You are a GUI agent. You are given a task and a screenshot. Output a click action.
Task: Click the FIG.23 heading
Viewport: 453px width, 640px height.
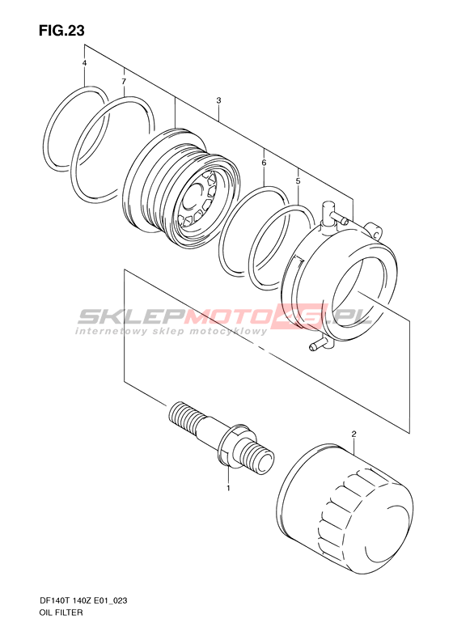[x=62, y=31]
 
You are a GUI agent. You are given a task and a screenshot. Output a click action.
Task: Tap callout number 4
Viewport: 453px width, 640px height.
[x=84, y=63]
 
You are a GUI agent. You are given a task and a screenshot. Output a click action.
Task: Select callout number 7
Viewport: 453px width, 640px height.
[x=124, y=82]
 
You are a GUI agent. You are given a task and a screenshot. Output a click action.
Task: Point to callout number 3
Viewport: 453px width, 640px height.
[x=218, y=100]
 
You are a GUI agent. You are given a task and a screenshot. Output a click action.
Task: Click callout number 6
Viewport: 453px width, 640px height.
[x=264, y=163]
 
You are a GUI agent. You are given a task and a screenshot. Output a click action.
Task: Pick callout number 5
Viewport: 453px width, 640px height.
[x=298, y=180]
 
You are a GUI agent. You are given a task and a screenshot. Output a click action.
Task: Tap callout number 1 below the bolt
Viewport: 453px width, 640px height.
[x=229, y=488]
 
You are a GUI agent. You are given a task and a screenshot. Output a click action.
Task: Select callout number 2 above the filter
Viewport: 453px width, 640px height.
[x=354, y=434]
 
